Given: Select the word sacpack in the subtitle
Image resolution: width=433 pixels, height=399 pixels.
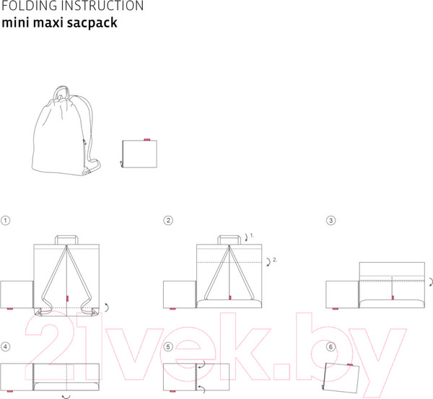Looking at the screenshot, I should [95, 22].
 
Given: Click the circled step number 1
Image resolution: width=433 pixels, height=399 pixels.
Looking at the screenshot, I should [6, 220].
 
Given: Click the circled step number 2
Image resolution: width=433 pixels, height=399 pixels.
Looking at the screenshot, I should [169, 220].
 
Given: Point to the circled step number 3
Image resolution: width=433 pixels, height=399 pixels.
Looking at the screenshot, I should [331, 220].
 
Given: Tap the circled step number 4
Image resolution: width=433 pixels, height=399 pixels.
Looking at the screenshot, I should [6, 346].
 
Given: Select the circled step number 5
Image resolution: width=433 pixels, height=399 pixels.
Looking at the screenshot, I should [169, 346].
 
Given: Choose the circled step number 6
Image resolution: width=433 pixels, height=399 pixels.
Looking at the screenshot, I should [331, 346].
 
